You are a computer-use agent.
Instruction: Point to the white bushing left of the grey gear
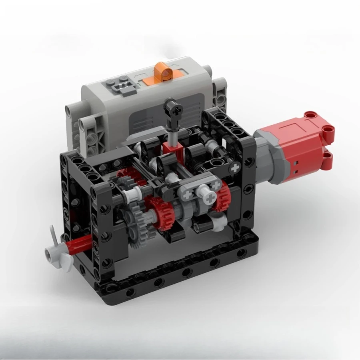tap(128, 196)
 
